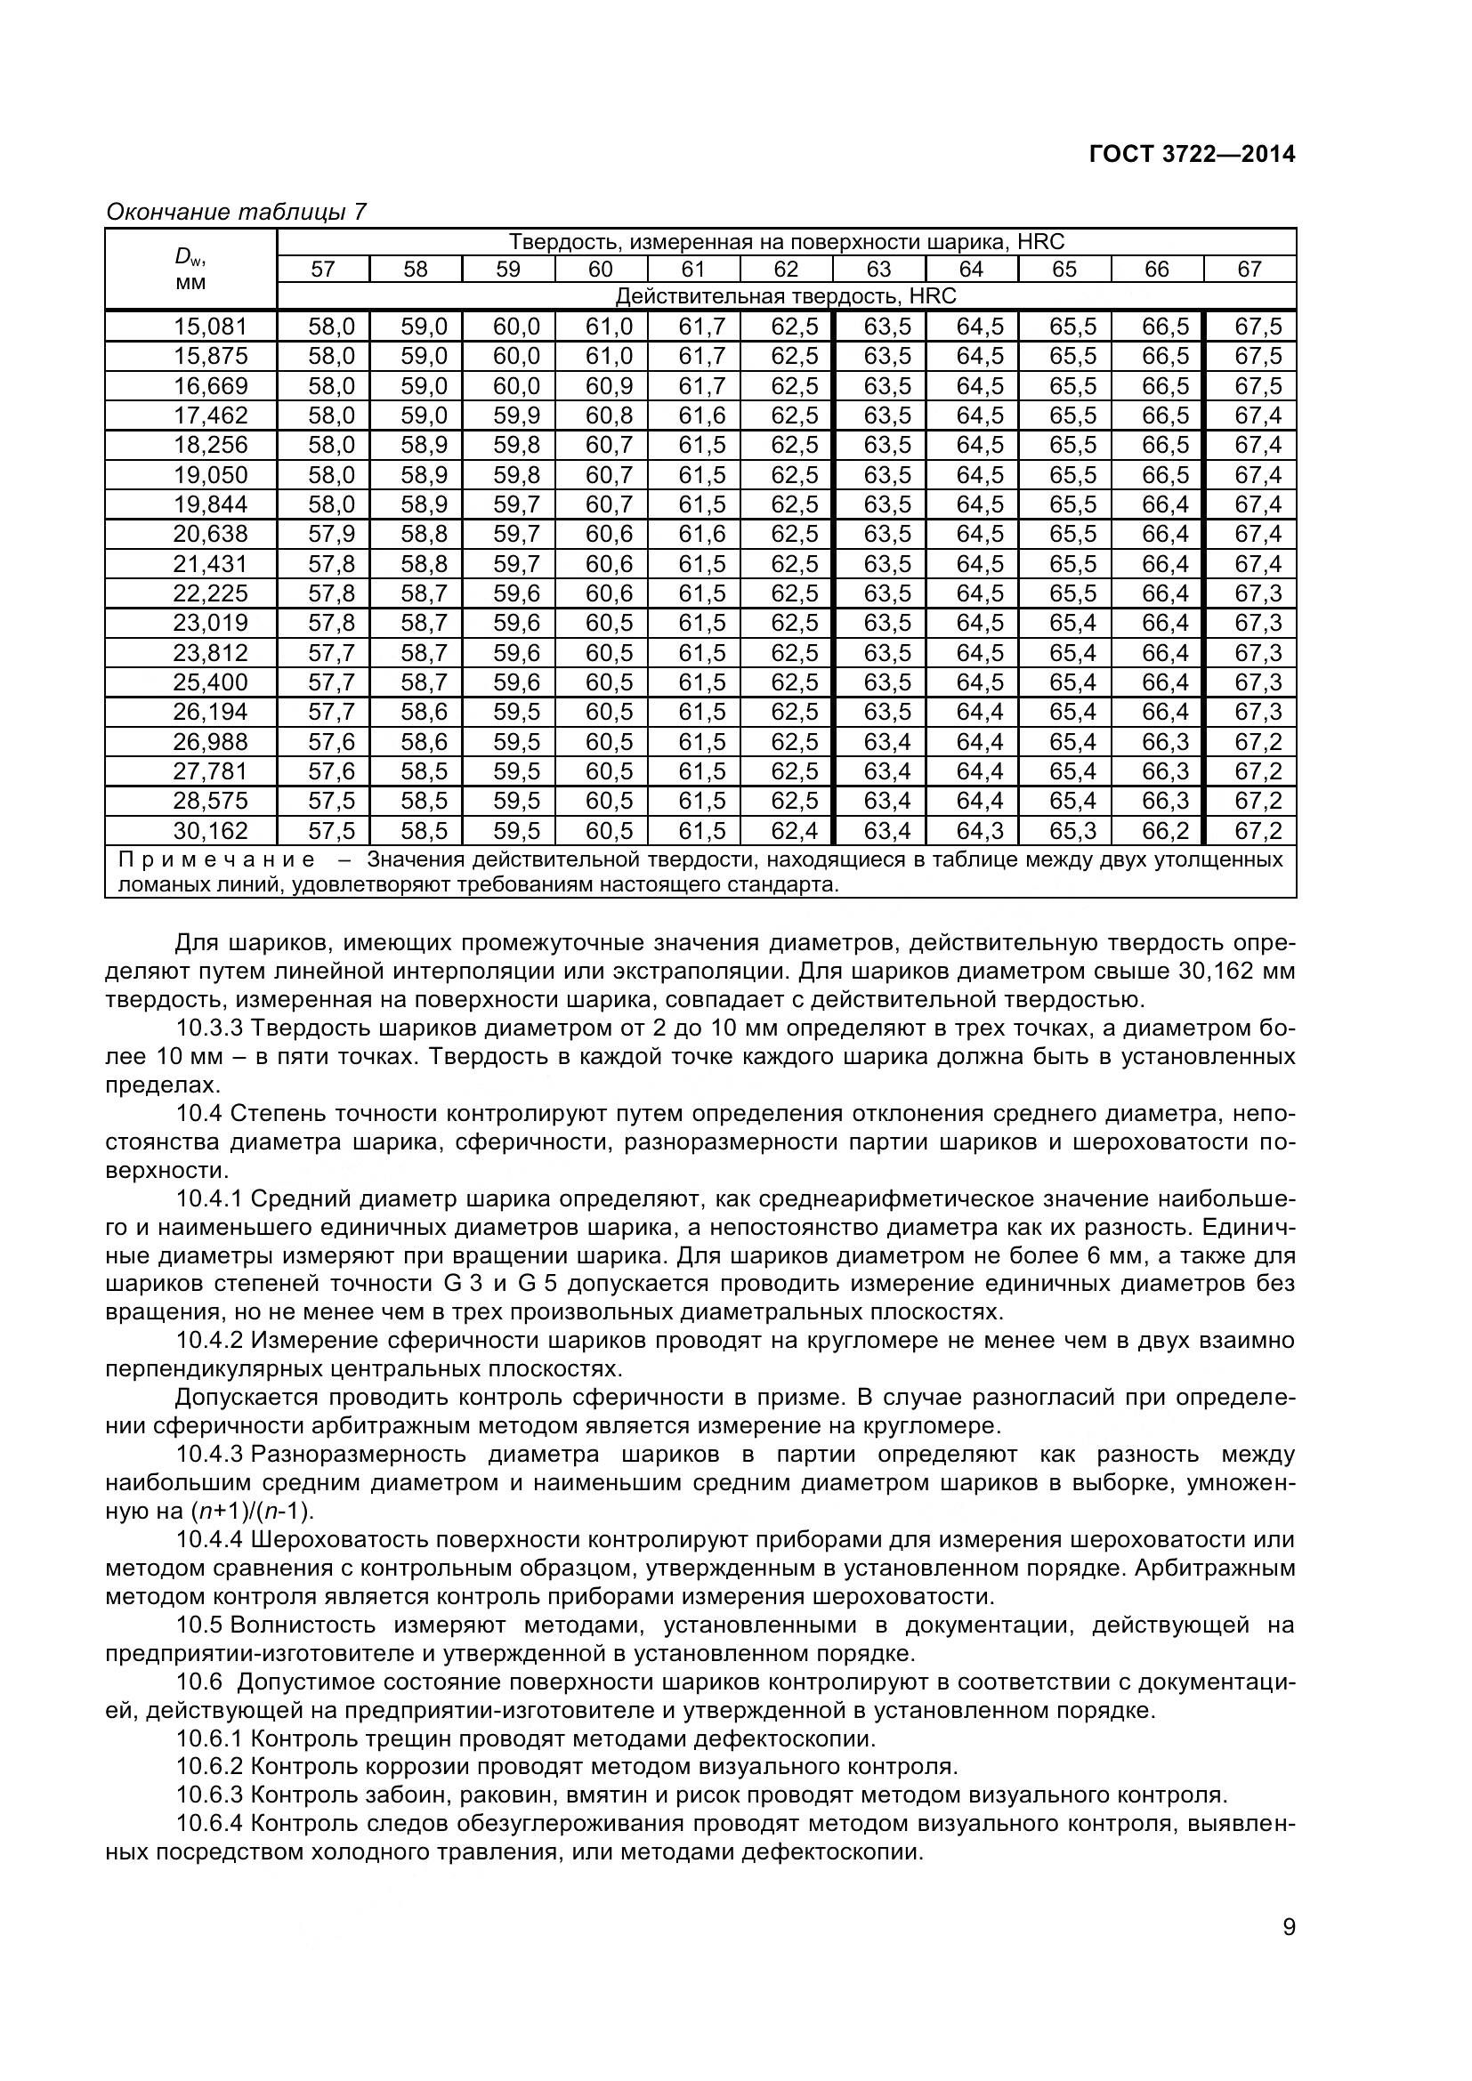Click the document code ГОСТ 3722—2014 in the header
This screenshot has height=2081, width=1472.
click(1192, 154)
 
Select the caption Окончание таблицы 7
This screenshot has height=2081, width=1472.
click(237, 212)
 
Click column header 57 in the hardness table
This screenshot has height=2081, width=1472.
click(323, 270)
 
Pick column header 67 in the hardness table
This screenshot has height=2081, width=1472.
click(1249, 270)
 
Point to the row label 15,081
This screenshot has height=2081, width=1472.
click(210, 327)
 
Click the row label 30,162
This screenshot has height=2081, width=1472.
click(210, 830)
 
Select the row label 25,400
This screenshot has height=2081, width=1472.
click(210, 682)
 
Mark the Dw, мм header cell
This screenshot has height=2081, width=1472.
click(190, 270)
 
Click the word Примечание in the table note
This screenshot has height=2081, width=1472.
click(216, 859)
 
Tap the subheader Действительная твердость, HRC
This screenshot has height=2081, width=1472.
click(785, 296)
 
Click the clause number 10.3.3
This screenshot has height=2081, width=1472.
click(209, 1028)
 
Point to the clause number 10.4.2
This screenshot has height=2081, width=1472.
click(209, 1341)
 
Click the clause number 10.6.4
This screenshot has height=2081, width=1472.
click(209, 1824)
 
